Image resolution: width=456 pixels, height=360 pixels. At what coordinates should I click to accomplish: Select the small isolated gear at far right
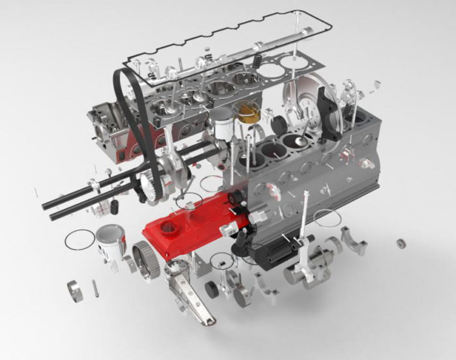pyautogui.click(x=401, y=243)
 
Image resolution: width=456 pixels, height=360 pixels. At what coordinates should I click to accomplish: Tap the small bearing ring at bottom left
pyautogui.click(x=76, y=290)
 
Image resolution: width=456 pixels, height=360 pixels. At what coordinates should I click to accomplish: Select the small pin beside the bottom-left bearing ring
pyautogui.click(x=95, y=286)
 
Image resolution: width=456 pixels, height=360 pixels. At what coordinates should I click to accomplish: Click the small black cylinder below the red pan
pyautogui.click(x=212, y=289)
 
